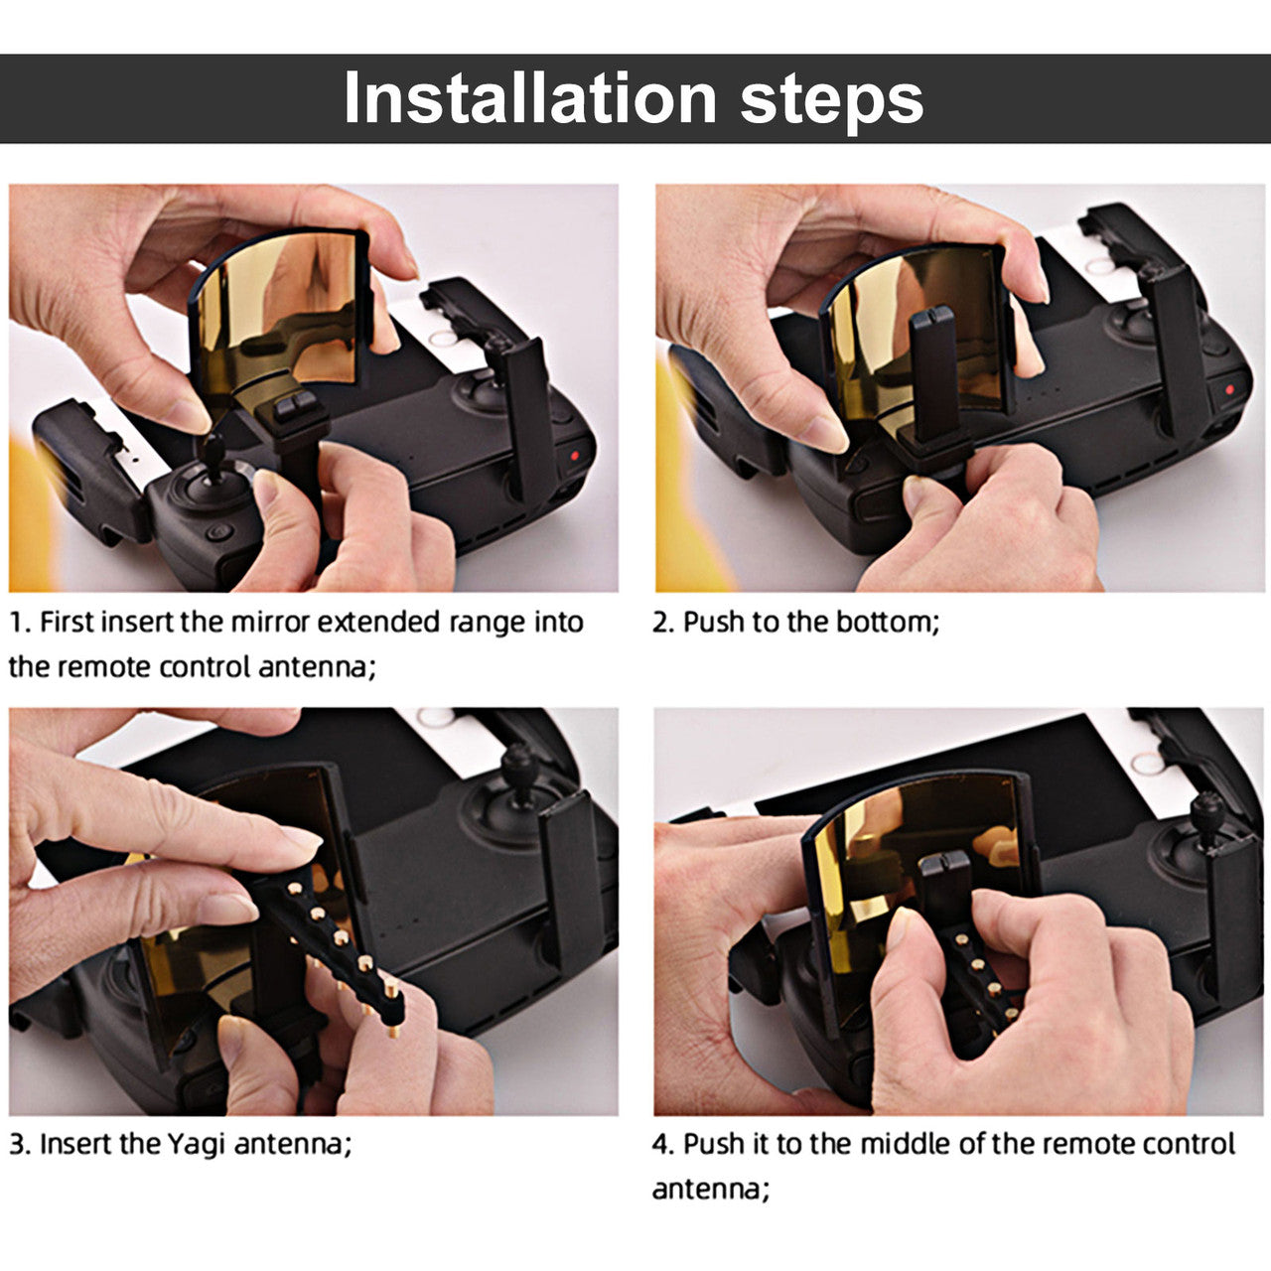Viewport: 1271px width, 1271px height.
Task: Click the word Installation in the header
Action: click(529, 97)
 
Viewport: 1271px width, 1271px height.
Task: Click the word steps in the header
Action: click(831, 102)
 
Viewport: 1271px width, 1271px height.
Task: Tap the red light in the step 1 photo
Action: click(574, 455)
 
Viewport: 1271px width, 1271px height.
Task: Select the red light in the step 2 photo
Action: click(1228, 390)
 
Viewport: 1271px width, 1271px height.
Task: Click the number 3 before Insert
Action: click(18, 1144)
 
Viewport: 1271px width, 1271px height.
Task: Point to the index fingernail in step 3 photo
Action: click(301, 839)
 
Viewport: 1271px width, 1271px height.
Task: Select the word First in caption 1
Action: click(64, 622)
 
